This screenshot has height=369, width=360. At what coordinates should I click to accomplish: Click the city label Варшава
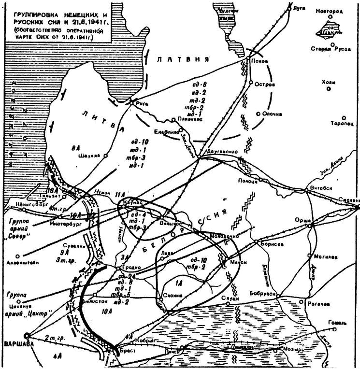coord(14,343)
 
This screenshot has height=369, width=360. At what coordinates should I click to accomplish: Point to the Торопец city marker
coord(344,118)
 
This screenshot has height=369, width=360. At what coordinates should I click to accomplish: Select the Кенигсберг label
coord(28,204)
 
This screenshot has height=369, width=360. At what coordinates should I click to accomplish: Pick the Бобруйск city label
coord(277,294)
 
